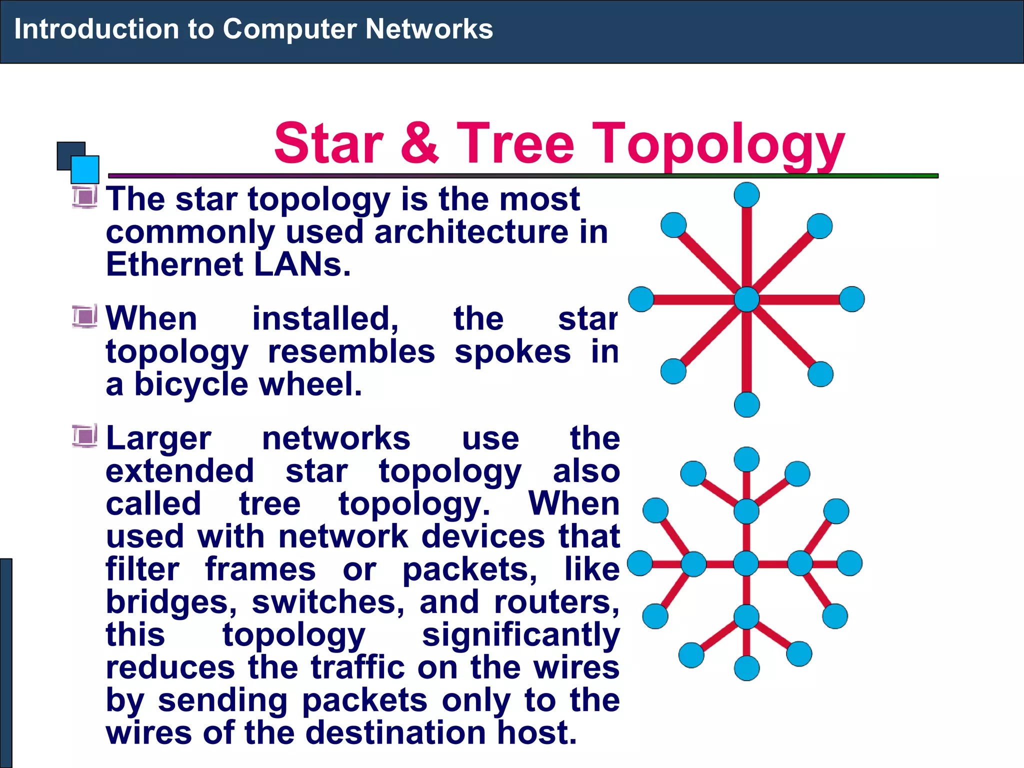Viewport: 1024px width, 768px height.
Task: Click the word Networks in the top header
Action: [x=429, y=29]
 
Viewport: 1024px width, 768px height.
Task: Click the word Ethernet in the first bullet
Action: [x=174, y=264]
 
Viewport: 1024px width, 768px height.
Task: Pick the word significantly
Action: [x=520, y=635]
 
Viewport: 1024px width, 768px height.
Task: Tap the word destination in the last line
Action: [x=395, y=733]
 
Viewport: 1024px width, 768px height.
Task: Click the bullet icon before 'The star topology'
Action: [x=84, y=196]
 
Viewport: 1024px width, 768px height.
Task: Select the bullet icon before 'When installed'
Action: [x=84, y=316]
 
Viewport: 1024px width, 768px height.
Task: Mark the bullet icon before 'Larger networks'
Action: [x=84, y=436]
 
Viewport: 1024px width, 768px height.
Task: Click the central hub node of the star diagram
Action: [x=746, y=299]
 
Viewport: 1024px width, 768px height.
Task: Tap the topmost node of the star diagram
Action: [x=746, y=194]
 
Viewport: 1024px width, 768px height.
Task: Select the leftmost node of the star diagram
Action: [x=641, y=299]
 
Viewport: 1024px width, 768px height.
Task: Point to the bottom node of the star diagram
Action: [x=746, y=404]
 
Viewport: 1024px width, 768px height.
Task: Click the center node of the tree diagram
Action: [x=746, y=563]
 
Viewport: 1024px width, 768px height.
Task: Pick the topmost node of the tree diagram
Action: [x=746, y=459]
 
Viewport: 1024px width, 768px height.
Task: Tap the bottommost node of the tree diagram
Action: [x=746, y=668]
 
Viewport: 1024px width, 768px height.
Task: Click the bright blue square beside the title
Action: [x=85, y=169]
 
